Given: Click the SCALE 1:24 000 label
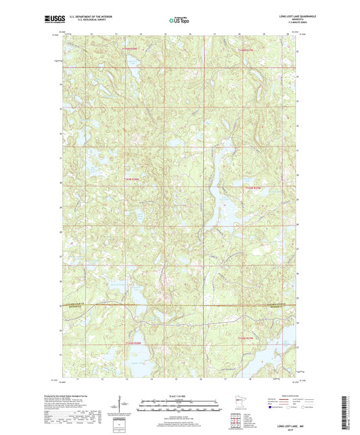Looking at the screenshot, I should (x=180, y=396).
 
